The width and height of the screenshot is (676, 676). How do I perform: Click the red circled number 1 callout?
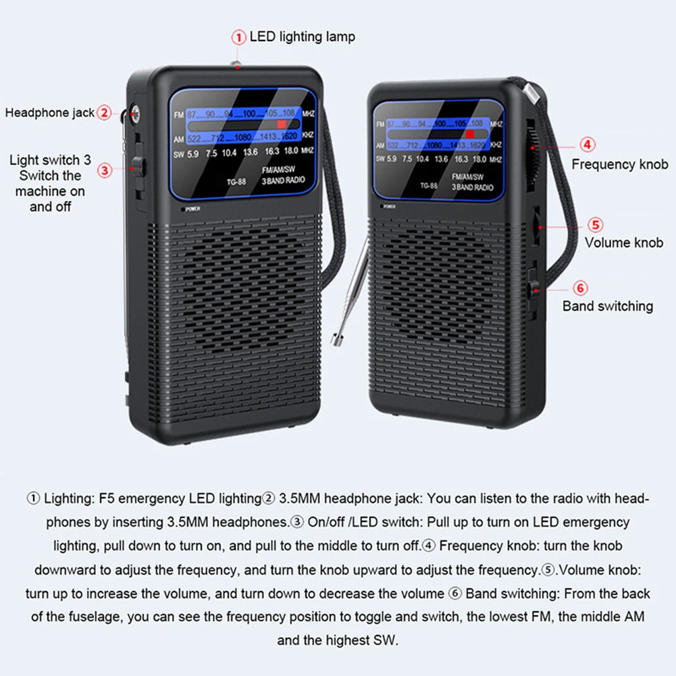[x=238, y=37]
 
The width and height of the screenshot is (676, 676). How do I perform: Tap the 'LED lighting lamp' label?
[x=302, y=36]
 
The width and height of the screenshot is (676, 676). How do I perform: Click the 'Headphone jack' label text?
[x=49, y=113]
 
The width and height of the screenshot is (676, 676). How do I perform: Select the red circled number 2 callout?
[x=103, y=113]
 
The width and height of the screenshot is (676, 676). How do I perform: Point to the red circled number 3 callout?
[x=104, y=170]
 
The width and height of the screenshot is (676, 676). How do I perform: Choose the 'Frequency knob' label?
[x=619, y=164]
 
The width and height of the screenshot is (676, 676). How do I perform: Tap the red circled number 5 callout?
[x=594, y=225]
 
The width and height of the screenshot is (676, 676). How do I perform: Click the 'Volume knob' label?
[x=623, y=242]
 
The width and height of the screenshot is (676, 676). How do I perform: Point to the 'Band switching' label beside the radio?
[x=607, y=306]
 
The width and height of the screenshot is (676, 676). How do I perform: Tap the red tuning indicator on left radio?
[x=281, y=125]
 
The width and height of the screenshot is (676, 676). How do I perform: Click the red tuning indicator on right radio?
[x=470, y=134]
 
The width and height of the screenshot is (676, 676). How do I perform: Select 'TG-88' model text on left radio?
[x=236, y=181]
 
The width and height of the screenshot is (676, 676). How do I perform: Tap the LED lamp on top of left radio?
[x=237, y=63]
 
